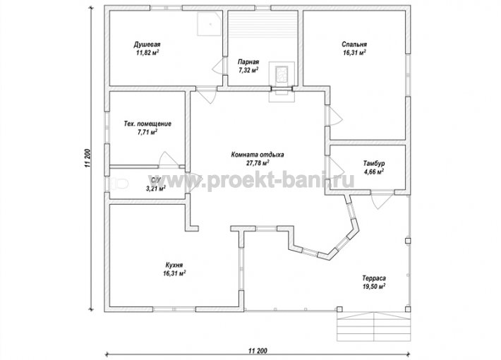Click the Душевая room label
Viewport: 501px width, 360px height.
147,44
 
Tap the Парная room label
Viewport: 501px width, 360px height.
248,62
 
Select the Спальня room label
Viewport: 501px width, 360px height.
354,44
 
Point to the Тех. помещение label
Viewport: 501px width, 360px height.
147,124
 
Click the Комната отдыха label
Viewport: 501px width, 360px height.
258,155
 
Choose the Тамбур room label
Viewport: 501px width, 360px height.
374,163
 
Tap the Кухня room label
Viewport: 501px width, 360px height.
174,265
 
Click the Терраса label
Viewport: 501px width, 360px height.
374,278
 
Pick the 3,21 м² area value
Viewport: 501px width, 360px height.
156,188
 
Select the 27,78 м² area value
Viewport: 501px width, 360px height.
258,163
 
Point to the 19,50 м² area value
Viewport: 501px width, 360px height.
374,287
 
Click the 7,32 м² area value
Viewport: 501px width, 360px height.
248,70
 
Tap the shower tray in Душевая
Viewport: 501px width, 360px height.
210,24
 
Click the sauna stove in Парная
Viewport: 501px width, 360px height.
282,74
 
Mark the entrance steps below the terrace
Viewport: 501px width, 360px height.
374,326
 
